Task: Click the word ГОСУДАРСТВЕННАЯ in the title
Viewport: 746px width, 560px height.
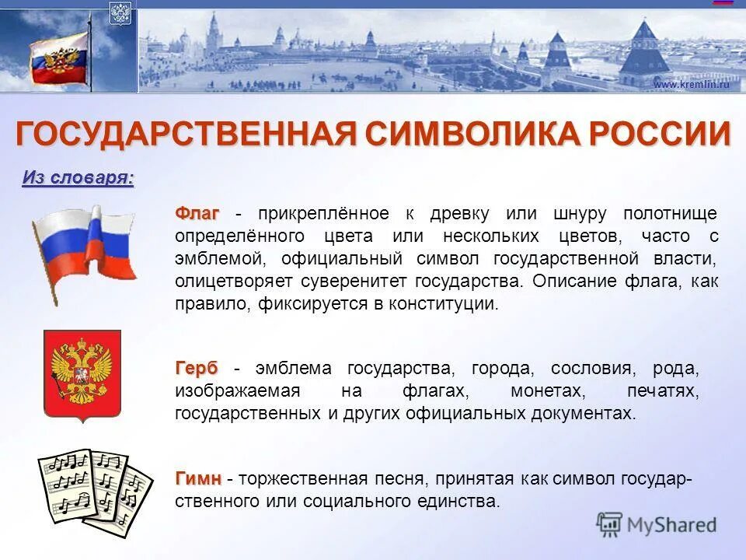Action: (x=186, y=134)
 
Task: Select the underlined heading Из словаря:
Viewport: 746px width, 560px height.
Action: (x=78, y=178)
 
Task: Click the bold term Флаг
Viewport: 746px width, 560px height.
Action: (x=197, y=213)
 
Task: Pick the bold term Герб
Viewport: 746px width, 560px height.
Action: (x=197, y=368)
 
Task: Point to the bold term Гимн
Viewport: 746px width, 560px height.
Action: (x=198, y=478)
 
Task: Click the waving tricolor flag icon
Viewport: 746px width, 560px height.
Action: (x=83, y=247)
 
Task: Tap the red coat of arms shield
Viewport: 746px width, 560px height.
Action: (x=82, y=376)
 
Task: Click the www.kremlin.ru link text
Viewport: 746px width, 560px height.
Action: (x=691, y=84)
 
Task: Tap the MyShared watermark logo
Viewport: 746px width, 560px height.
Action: (x=657, y=524)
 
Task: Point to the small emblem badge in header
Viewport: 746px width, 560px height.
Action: (x=120, y=14)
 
